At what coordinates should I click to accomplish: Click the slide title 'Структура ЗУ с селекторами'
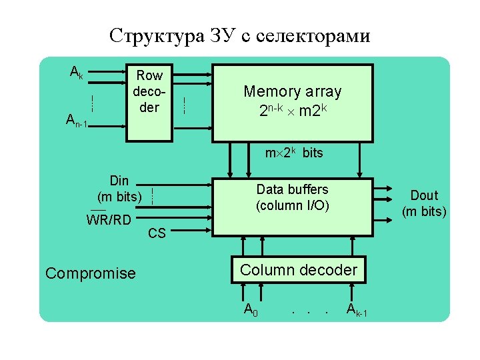pos(239,35)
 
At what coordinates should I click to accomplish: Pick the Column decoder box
pos(298,270)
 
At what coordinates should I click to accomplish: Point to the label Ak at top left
pos(77,72)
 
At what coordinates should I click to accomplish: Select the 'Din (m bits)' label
pos(119,189)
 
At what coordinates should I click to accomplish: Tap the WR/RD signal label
pos(109,220)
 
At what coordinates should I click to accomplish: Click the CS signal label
pos(157,233)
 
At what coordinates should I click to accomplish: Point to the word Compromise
pos(90,273)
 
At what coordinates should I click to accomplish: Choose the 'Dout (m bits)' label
pos(424,203)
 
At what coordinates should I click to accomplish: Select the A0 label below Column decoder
pos(251,309)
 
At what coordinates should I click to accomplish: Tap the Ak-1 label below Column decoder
pos(356,309)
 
